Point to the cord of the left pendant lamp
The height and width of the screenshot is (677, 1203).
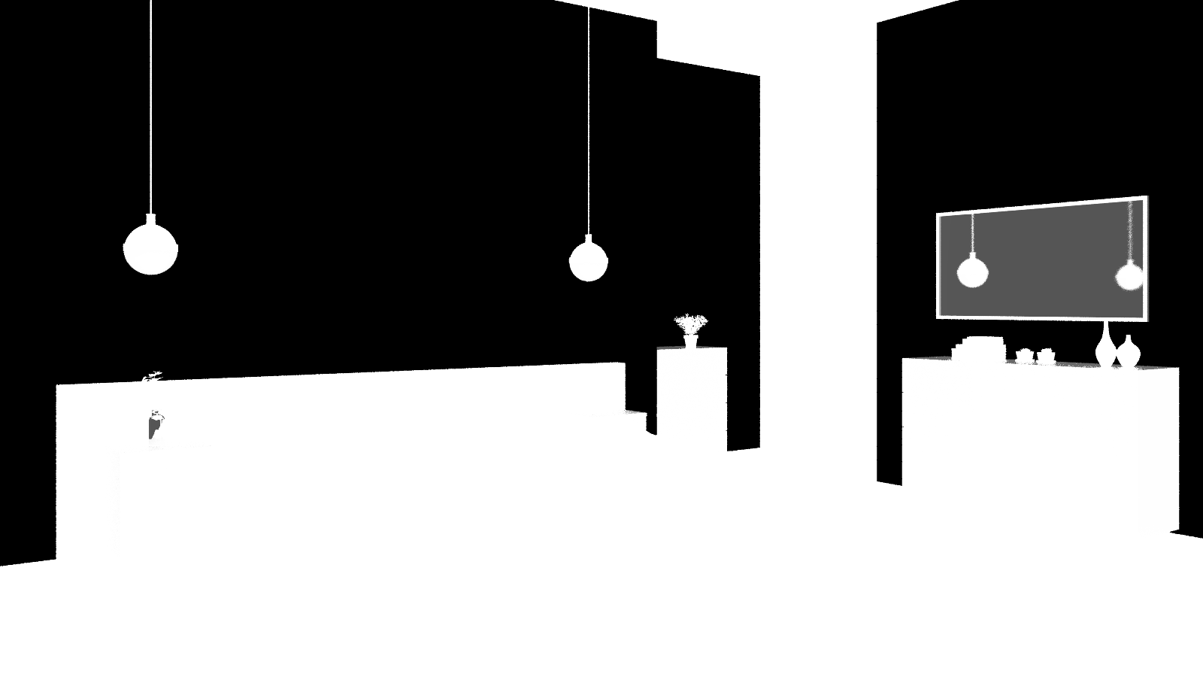pos(151,105)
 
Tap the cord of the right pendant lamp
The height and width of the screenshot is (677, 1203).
pos(588,120)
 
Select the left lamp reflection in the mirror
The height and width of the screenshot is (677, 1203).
pos(972,271)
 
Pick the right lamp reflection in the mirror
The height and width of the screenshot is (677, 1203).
pos(1129,275)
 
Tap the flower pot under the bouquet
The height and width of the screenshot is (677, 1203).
pos(690,341)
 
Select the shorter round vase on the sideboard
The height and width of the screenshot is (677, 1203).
pos(1128,352)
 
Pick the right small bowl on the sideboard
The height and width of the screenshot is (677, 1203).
pos(1046,356)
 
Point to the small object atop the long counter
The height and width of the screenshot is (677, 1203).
pos(153,375)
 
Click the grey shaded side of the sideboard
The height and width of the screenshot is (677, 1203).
pos(1158,451)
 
